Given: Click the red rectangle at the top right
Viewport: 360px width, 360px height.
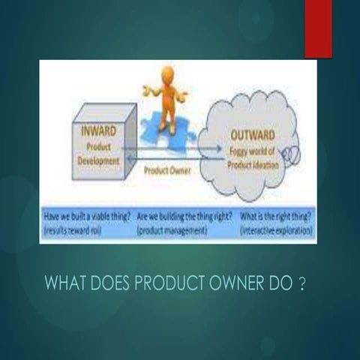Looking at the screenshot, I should coord(318,28).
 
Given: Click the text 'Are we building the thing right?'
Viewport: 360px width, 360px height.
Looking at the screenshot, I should coord(183,216).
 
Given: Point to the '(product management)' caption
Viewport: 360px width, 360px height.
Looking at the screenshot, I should coord(172,230).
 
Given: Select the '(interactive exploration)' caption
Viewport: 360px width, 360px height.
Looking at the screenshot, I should coord(276,230).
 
